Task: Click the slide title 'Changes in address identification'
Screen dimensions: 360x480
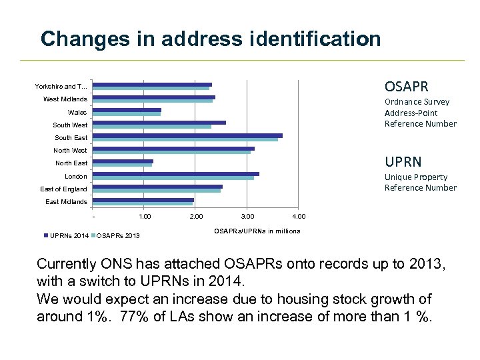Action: [x=211, y=39]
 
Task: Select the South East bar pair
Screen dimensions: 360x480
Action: [x=187, y=137]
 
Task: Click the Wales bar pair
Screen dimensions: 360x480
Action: [x=127, y=112]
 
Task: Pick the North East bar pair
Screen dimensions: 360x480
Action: [x=123, y=163]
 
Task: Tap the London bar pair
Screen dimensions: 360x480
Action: [x=175, y=175]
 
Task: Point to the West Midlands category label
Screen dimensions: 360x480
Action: [x=65, y=99]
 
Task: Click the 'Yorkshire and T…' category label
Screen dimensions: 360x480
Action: [x=61, y=87]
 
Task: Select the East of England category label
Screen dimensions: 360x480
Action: [x=63, y=189]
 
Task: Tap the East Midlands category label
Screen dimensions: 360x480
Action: [x=66, y=201]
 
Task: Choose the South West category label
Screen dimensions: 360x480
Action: [x=70, y=125]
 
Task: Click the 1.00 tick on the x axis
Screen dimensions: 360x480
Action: [x=145, y=216]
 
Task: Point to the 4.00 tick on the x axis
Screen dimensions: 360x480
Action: [x=299, y=216]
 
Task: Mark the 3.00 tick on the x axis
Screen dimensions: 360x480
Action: [x=247, y=216]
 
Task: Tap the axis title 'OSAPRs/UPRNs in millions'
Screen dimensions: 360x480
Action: [x=257, y=231]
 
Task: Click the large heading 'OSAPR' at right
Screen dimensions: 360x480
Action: [x=406, y=87]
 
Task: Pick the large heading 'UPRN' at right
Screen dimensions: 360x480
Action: [x=403, y=162]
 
